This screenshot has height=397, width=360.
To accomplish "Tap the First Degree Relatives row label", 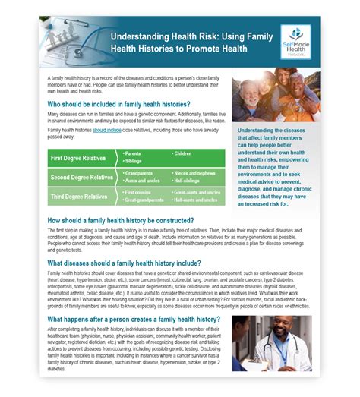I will point(78,158).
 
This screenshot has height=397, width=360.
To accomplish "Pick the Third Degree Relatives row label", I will point(79,197).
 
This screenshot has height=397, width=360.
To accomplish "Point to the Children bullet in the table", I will point(184,153).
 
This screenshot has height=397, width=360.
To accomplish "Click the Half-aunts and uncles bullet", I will point(197,200).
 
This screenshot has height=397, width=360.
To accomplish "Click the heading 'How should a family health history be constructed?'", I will point(130,219).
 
